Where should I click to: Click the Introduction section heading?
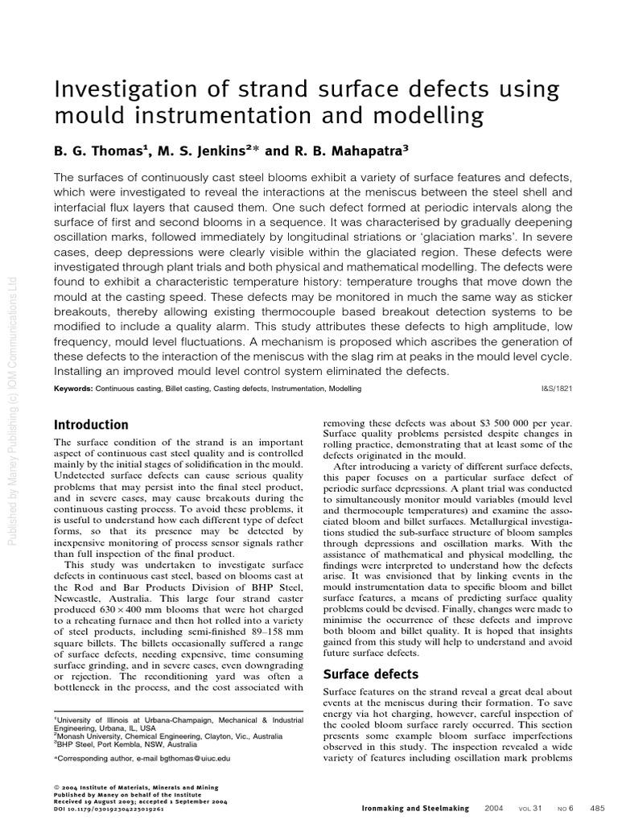[x=90, y=425]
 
